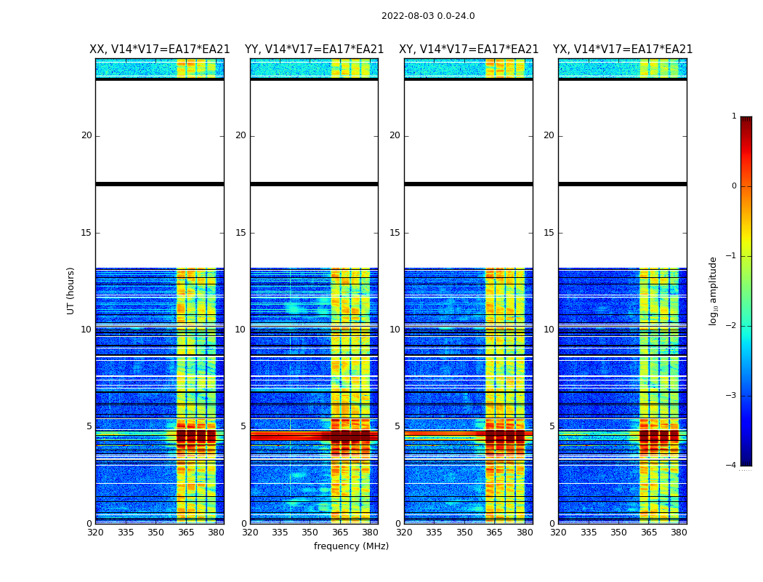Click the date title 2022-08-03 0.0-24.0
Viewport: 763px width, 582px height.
pyautogui.click(x=428, y=16)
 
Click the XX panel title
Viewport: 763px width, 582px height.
pyautogui.click(x=160, y=49)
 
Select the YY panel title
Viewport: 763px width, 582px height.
pyautogui.click(x=314, y=49)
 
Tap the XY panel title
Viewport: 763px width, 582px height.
pyautogui.click(x=469, y=49)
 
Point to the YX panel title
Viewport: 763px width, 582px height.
pyautogui.click(x=623, y=49)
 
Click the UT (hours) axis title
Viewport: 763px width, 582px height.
pyautogui.click(x=71, y=290)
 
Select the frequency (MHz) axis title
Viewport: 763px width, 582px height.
pyautogui.click(x=351, y=546)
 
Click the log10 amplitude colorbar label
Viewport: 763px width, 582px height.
pyautogui.click(x=714, y=290)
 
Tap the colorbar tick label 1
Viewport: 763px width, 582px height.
pyautogui.click(x=734, y=116)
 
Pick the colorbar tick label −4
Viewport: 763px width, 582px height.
pyautogui.click(x=732, y=466)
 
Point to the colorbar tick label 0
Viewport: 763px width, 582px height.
pyautogui.click(x=734, y=186)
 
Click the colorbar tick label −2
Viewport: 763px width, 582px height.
pyautogui.click(x=732, y=326)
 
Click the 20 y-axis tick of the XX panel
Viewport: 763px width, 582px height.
pyautogui.click(x=86, y=135)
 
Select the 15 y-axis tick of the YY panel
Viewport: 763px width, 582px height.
pyautogui.click(x=241, y=233)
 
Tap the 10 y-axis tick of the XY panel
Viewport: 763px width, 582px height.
pyautogui.click(x=395, y=330)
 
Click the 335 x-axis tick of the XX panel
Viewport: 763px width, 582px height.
pyautogui.click(x=126, y=533)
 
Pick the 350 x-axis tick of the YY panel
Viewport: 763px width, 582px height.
pyautogui.click(x=310, y=533)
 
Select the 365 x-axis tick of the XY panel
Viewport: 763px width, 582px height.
pyautogui.click(x=494, y=533)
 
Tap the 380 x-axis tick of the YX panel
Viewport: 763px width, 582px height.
pyautogui.click(x=679, y=533)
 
